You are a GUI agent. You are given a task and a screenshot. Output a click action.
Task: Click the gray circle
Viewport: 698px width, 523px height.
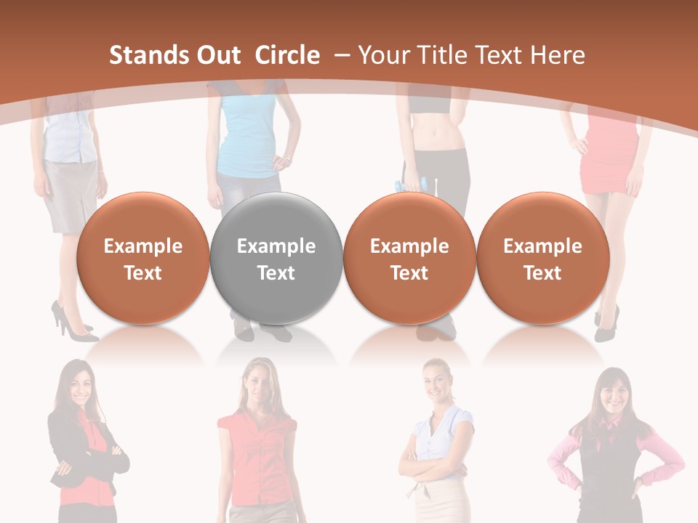[276, 259]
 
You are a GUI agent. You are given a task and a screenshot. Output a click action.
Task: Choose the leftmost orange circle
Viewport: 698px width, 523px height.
[143, 259]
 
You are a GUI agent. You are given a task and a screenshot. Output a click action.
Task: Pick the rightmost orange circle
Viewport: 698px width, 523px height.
[542, 259]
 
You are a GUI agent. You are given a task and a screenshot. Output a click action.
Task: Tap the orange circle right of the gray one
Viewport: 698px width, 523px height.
[409, 259]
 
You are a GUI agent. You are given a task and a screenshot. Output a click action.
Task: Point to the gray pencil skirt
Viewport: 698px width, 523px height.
[71, 192]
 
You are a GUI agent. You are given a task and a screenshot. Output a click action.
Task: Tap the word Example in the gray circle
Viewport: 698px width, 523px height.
[276, 246]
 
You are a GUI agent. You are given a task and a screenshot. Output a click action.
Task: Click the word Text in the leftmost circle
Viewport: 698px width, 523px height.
[143, 273]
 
